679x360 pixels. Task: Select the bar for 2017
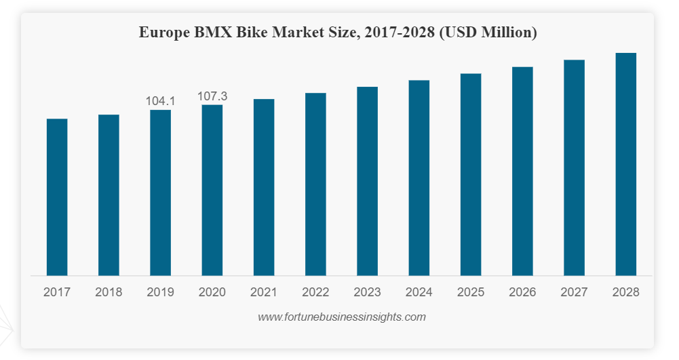coord(57,197)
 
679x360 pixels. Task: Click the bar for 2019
coord(160,193)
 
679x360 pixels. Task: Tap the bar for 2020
coord(212,190)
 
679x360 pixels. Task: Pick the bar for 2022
coord(315,184)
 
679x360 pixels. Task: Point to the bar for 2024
coord(419,178)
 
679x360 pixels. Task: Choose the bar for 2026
coord(522,171)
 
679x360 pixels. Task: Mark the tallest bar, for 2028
coord(625,164)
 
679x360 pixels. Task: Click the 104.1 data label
coord(161,101)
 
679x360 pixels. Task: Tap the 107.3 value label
coord(212,96)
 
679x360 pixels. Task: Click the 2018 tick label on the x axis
coord(109,292)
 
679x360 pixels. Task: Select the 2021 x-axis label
coord(264,292)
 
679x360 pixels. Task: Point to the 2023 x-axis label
coord(367,292)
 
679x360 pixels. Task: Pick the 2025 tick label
coord(471,292)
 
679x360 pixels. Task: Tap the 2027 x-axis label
coord(574,292)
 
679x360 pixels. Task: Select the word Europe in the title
coord(161,33)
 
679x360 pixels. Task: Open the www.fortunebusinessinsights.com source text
coord(342,317)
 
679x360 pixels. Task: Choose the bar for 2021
coord(264,187)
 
